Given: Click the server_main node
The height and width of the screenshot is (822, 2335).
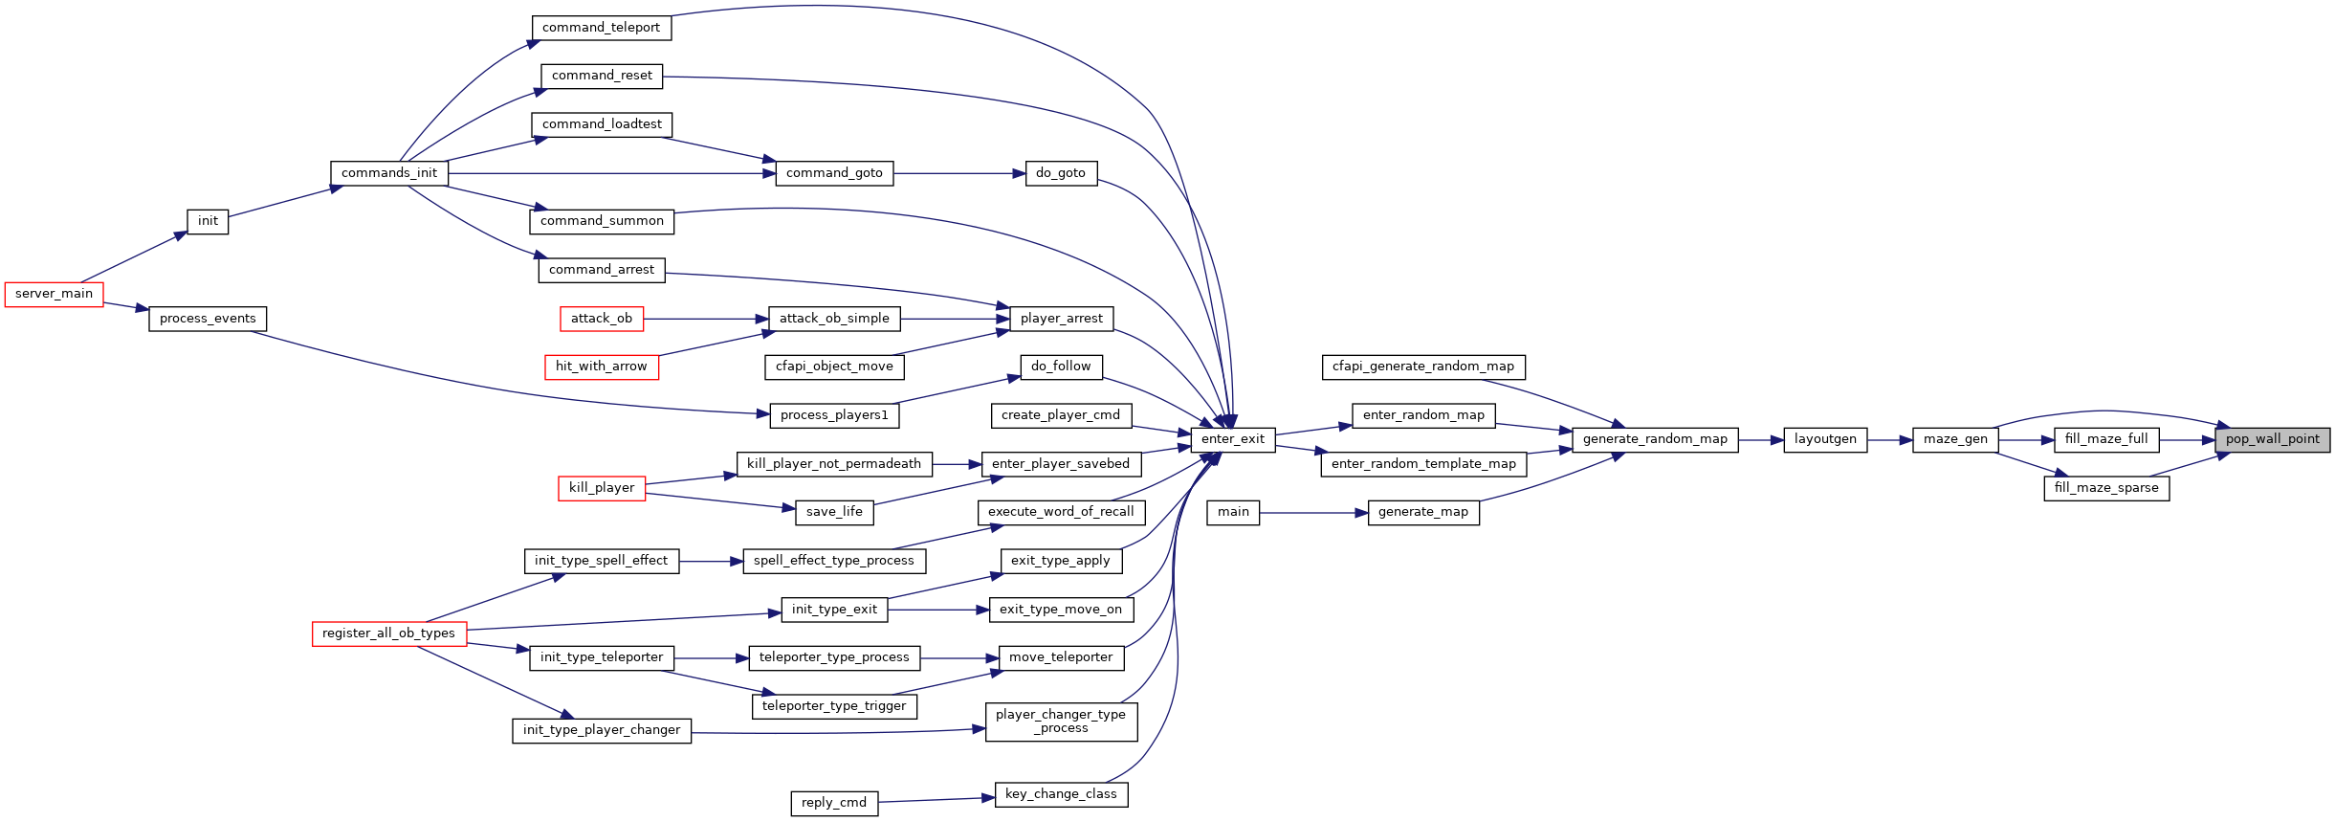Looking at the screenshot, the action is point(54,294).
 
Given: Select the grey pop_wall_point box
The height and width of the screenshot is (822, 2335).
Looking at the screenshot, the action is point(2272,439).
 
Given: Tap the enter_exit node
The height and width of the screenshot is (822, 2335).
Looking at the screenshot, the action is point(1232,439).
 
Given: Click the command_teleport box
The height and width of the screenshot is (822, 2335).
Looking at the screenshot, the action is point(601,28).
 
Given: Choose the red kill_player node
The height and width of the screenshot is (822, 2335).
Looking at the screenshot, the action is point(602,488).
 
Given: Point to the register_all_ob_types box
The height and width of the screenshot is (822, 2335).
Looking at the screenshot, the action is point(388,633).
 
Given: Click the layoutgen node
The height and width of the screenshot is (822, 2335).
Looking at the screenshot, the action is point(1825,439).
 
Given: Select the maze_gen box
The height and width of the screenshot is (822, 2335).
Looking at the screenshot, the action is point(1955,439).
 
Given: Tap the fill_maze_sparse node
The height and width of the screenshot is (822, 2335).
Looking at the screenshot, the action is point(2106,488).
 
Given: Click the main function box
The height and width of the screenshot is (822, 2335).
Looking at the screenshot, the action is point(1233,512).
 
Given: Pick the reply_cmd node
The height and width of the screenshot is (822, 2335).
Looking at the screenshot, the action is point(834,803).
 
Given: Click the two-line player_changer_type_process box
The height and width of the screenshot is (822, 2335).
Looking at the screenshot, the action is point(1061,722).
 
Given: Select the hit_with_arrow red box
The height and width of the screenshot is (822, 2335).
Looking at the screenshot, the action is point(602,367).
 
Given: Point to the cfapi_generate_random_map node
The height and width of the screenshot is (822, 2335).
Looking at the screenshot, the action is point(1423,367).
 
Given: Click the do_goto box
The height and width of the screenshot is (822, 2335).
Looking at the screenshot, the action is point(1061,173).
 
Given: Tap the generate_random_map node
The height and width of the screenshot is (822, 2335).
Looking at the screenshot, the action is point(1655,439).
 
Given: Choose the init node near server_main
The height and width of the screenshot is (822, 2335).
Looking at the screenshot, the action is point(208,221).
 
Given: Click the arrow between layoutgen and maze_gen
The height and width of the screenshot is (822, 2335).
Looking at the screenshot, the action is point(1890,440).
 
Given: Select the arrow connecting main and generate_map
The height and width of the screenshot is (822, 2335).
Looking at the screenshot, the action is point(1313,513).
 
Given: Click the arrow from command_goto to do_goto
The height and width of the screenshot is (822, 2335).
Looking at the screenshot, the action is point(959,174).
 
